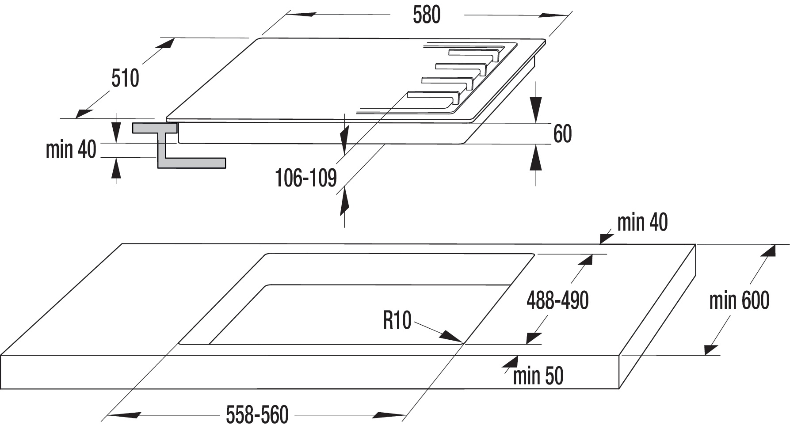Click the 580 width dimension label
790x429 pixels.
[x=427, y=15]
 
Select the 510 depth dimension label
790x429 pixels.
[x=125, y=78]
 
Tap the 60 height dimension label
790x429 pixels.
[x=562, y=133]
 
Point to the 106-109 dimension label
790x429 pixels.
[x=306, y=178]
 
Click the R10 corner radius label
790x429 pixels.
[x=397, y=320]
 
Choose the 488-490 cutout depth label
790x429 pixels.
[x=557, y=301]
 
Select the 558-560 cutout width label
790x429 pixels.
[x=257, y=415]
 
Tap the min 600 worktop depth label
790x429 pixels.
[x=739, y=300]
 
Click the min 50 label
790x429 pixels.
[x=538, y=376]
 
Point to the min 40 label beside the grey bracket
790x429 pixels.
[x=71, y=149]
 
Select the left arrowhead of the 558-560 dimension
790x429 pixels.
[x=124, y=415]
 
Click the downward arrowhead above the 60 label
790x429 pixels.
[x=536, y=110]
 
